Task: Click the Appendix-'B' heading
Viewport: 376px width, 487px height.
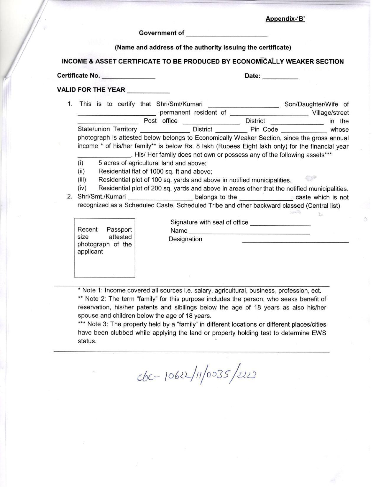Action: click(285, 19)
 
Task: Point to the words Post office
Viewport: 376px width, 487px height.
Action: click(160, 121)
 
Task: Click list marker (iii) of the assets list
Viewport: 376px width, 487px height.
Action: click(82, 180)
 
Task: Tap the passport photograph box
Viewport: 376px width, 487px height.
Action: click(104, 248)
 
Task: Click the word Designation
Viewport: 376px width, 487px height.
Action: click(185, 239)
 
